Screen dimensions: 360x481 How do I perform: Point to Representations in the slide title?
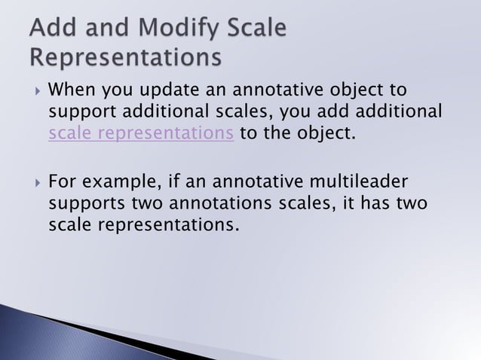(x=127, y=57)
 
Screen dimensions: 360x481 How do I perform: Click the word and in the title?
(x=104, y=29)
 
